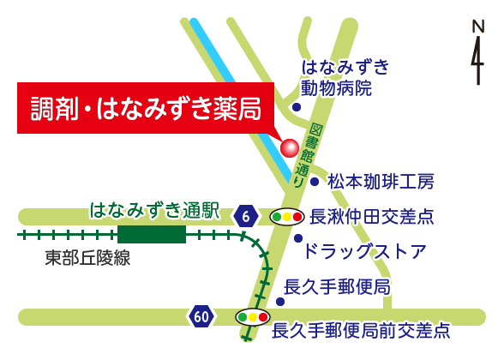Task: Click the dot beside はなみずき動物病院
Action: (297, 107)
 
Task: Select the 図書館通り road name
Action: (308, 155)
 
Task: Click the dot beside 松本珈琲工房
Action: (315, 182)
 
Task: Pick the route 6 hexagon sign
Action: (246, 217)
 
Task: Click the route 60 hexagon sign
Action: (201, 317)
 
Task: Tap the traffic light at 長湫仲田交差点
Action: (285, 217)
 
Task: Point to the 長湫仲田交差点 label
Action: (372, 217)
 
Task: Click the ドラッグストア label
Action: (365, 251)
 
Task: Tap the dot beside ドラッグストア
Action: (298, 238)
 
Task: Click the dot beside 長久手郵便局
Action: (280, 301)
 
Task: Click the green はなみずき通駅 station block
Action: (152, 234)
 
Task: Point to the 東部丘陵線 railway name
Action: (88, 257)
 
